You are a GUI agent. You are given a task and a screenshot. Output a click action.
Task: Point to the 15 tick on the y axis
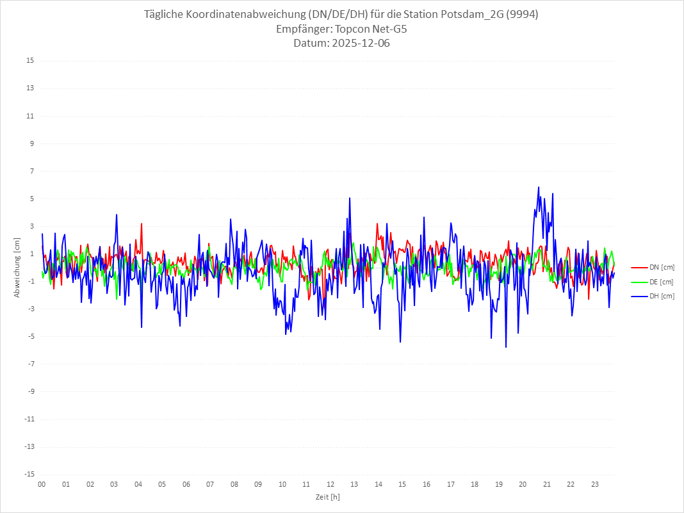pos(30,61)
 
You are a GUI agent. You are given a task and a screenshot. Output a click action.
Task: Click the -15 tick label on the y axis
pos(29,474)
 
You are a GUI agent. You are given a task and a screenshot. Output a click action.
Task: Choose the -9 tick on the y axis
pos(30,391)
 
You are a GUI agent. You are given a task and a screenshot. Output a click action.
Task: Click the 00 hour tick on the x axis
pos(42,484)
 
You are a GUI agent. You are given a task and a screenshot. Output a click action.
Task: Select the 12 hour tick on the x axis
pos(330,484)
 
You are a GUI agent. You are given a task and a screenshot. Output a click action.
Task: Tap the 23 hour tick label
pos(595,484)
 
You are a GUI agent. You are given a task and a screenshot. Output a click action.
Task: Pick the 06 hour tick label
pos(186,484)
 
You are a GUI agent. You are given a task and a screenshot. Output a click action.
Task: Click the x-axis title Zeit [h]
pos(327,496)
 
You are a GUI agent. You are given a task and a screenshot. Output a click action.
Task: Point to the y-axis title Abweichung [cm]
pos(17,267)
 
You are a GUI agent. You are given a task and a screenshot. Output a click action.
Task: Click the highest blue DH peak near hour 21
pos(539,187)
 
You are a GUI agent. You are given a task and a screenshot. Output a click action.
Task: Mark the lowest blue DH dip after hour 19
pos(506,347)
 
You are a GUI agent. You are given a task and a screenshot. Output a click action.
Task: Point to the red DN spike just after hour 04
pos(142,224)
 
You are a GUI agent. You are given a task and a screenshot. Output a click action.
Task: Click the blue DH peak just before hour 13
pos(350,198)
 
